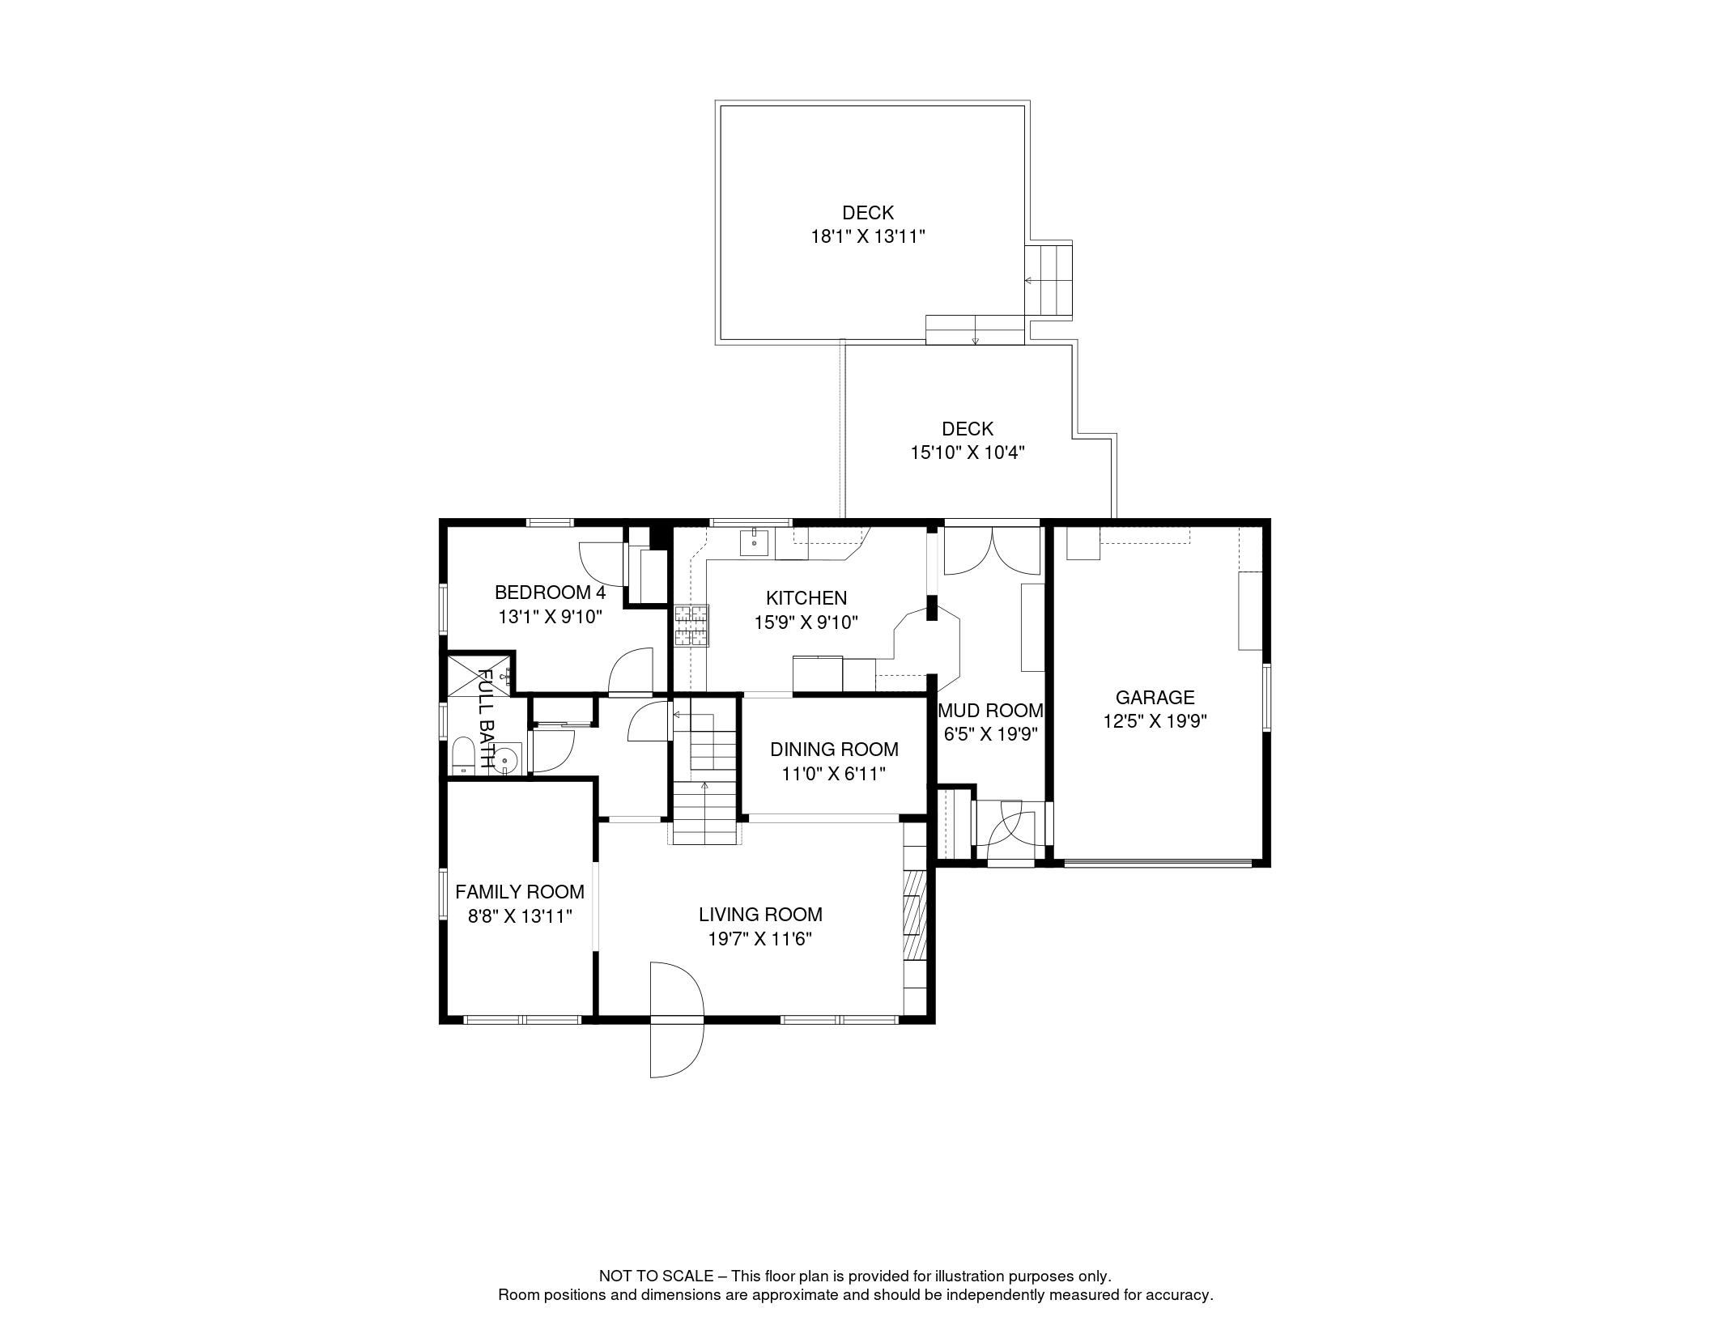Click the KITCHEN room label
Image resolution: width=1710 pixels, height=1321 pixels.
[806, 598]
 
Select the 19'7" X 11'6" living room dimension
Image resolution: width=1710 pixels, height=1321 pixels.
[760, 939]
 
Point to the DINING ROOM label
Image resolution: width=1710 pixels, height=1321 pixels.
[834, 750]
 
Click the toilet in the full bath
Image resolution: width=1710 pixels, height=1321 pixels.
[463, 754]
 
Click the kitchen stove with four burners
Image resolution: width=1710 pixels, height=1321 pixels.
[691, 626]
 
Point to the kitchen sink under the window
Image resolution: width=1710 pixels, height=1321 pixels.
[755, 542]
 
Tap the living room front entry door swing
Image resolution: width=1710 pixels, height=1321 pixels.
[677, 1020]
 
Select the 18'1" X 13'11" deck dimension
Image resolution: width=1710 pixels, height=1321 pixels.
[868, 237]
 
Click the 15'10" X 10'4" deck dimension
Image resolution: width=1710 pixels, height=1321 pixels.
[968, 452]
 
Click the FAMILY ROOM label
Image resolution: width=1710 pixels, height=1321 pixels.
[520, 892]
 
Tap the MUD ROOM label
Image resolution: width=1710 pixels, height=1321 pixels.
[991, 711]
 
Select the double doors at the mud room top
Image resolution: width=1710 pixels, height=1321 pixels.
[992, 551]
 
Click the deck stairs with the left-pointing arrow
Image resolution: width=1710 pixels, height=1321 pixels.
[1049, 281]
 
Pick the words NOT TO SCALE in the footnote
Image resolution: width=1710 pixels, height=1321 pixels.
[657, 1276]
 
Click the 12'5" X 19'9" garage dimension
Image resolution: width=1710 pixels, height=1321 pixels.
[1155, 721]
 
